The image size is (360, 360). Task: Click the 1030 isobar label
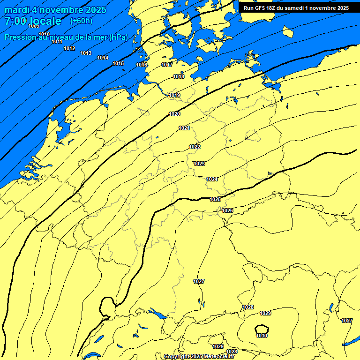pos(262,336)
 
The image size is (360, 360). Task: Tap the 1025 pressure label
pos(215,199)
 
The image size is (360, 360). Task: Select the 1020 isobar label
pos(174,114)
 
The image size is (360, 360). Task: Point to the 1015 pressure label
pos(118,63)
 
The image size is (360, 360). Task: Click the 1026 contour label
pos(227,210)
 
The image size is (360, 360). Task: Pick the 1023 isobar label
pos(199,164)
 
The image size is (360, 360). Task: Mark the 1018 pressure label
pos(179,76)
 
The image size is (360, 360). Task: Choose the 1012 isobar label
pos(69,48)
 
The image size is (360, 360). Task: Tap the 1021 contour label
pos(184,128)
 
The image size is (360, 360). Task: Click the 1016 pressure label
pos(142,65)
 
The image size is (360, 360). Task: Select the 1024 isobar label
pos(212,179)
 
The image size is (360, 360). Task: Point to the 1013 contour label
pos(86,53)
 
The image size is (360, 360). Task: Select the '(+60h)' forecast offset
pos(81,21)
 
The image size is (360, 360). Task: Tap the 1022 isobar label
pos(195,147)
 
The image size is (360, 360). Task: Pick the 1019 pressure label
pos(175,95)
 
